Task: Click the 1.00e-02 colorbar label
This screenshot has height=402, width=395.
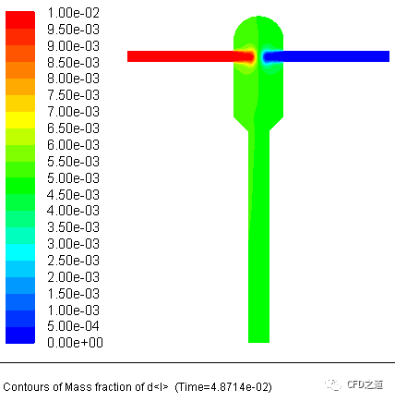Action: pos(73,13)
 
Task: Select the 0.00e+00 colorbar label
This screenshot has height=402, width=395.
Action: pos(75,343)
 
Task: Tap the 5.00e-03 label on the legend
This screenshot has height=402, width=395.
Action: pos(73,178)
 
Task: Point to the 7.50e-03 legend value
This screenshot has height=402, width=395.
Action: pos(73,95)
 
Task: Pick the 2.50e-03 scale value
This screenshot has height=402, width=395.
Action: pos(73,261)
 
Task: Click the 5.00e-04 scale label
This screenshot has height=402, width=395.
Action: pos(73,326)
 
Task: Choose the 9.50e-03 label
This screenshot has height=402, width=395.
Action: pos(73,30)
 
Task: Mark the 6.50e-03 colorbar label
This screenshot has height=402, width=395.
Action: pos(73,128)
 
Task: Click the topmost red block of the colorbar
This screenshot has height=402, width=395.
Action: pos(20,20)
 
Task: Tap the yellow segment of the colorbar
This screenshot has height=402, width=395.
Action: pos(20,120)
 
